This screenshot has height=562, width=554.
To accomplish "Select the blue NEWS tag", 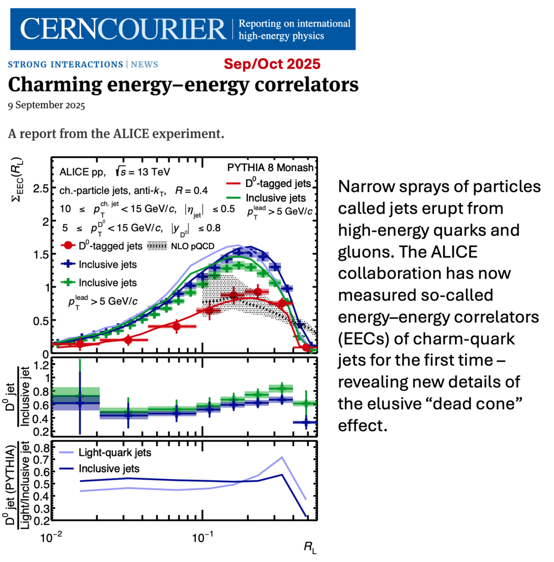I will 144,65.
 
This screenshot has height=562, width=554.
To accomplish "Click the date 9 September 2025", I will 46,105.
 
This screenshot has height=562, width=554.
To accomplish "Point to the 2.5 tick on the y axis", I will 41,188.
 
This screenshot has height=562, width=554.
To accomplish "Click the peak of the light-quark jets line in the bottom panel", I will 282,457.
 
